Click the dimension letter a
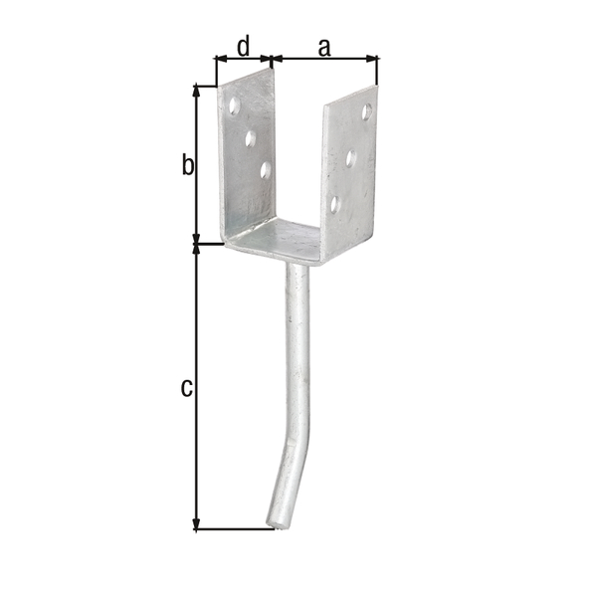pos(324,46)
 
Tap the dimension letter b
pos(186,165)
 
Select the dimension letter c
pos(186,387)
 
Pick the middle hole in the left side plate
pos(250,136)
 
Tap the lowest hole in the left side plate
pos(266,170)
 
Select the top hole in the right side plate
pos(366,110)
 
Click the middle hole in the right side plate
pos(351,156)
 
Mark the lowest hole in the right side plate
pos(335,204)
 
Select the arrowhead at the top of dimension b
pos(197,90)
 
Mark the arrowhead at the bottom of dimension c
pos(197,524)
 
